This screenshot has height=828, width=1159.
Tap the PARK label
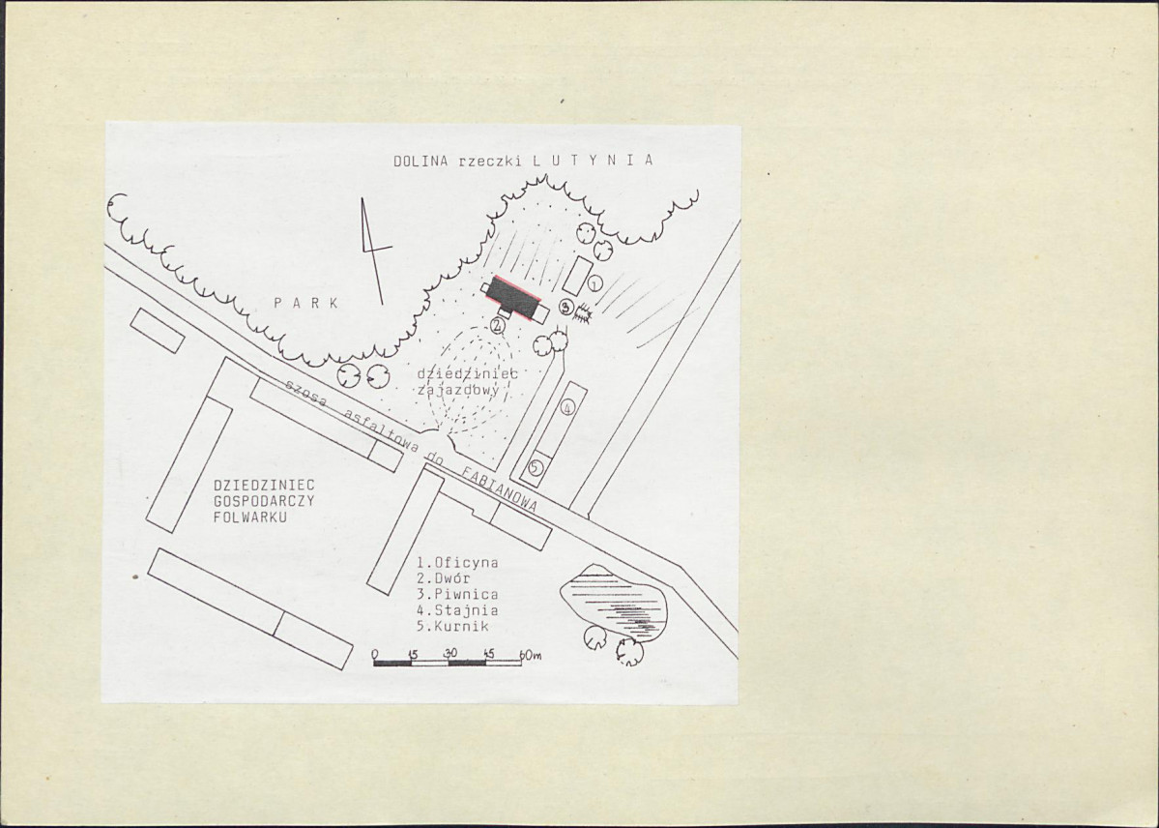306,303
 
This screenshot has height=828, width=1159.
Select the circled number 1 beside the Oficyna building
595,282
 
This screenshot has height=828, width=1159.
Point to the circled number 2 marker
498,325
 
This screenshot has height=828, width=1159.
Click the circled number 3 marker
566,307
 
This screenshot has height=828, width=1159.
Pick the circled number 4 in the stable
567,407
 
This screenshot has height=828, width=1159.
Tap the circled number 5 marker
536,467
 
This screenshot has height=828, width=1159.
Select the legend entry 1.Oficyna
457,562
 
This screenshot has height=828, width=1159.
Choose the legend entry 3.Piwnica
457,594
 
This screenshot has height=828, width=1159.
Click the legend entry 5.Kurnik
453,626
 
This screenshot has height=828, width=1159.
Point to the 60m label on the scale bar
531,655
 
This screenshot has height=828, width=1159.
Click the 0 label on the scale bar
376,654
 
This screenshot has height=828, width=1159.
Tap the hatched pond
614,602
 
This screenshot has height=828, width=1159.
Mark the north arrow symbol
373,251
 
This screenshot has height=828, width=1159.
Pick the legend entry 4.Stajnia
457,610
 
